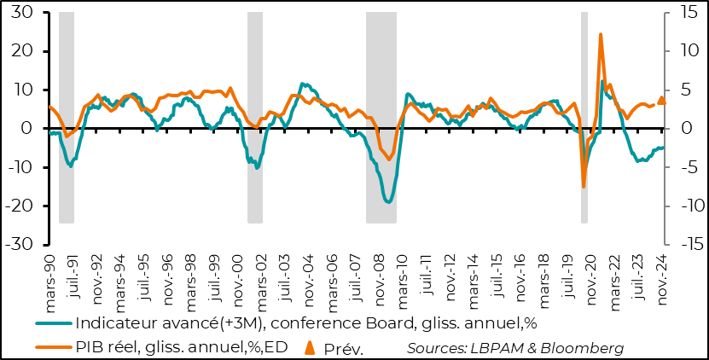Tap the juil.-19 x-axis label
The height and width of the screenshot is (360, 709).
[567, 277]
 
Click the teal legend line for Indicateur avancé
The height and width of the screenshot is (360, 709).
[53, 323]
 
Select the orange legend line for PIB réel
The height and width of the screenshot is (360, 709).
[53, 347]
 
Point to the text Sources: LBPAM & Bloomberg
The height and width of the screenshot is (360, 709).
[515, 347]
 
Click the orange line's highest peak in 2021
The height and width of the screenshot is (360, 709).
[601, 35]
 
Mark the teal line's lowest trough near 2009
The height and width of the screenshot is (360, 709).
[388, 202]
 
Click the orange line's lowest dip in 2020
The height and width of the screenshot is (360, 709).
[584, 186]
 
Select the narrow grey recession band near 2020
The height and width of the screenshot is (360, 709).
[584, 118]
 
